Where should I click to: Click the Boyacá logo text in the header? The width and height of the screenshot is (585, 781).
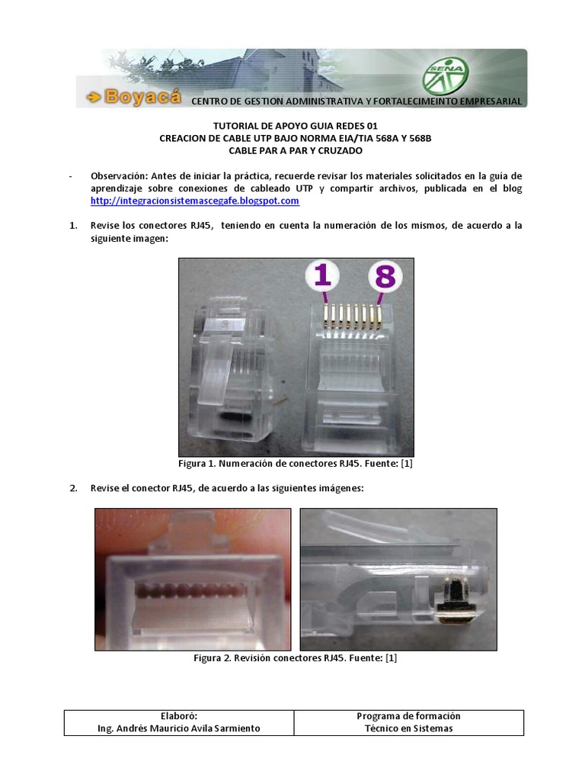click(134, 97)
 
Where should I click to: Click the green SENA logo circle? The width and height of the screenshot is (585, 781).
click(446, 76)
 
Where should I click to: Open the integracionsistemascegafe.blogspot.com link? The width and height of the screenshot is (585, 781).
click(194, 201)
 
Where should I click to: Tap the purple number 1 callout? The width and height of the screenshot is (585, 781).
click(323, 276)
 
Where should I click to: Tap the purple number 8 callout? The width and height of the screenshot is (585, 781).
click(385, 277)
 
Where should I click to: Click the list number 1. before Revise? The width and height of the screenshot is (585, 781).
click(74, 226)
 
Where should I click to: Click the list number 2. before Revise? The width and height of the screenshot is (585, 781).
click(74, 488)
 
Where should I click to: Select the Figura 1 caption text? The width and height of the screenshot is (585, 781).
click(295, 464)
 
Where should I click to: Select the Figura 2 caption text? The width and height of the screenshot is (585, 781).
click(296, 658)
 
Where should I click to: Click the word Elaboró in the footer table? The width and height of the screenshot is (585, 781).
click(179, 716)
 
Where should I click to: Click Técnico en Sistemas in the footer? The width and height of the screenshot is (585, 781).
click(408, 728)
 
